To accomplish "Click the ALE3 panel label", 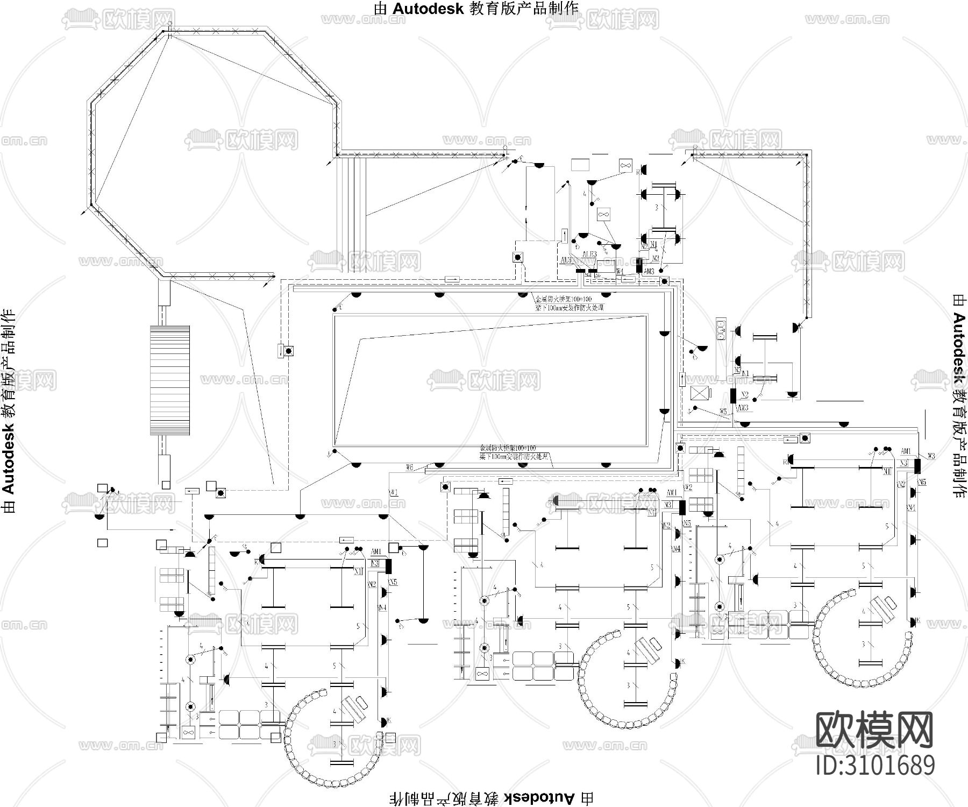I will pyautogui.click(x=589, y=254).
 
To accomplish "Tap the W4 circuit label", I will pyautogui.click(x=620, y=272).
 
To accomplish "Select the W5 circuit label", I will pyautogui.click(x=724, y=412).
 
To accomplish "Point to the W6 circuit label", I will pyautogui.click(x=410, y=468).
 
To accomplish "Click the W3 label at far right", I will pyautogui.click(x=931, y=456).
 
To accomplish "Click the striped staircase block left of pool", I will pyautogui.click(x=169, y=380).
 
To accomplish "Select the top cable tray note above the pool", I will pyautogui.click(x=569, y=303).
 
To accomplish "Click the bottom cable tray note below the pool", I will pyautogui.click(x=514, y=452).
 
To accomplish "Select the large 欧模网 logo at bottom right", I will pyautogui.click(x=874, y=731).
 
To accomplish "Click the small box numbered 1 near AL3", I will pyautogui.click(x=564, y=236).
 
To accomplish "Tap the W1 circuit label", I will pyautogui.click(x=393, y=492).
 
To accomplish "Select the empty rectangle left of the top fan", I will pyautogui.click(x=580, y=165).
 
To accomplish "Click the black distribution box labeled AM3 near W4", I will pyautogui.click(x=639, y=266).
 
